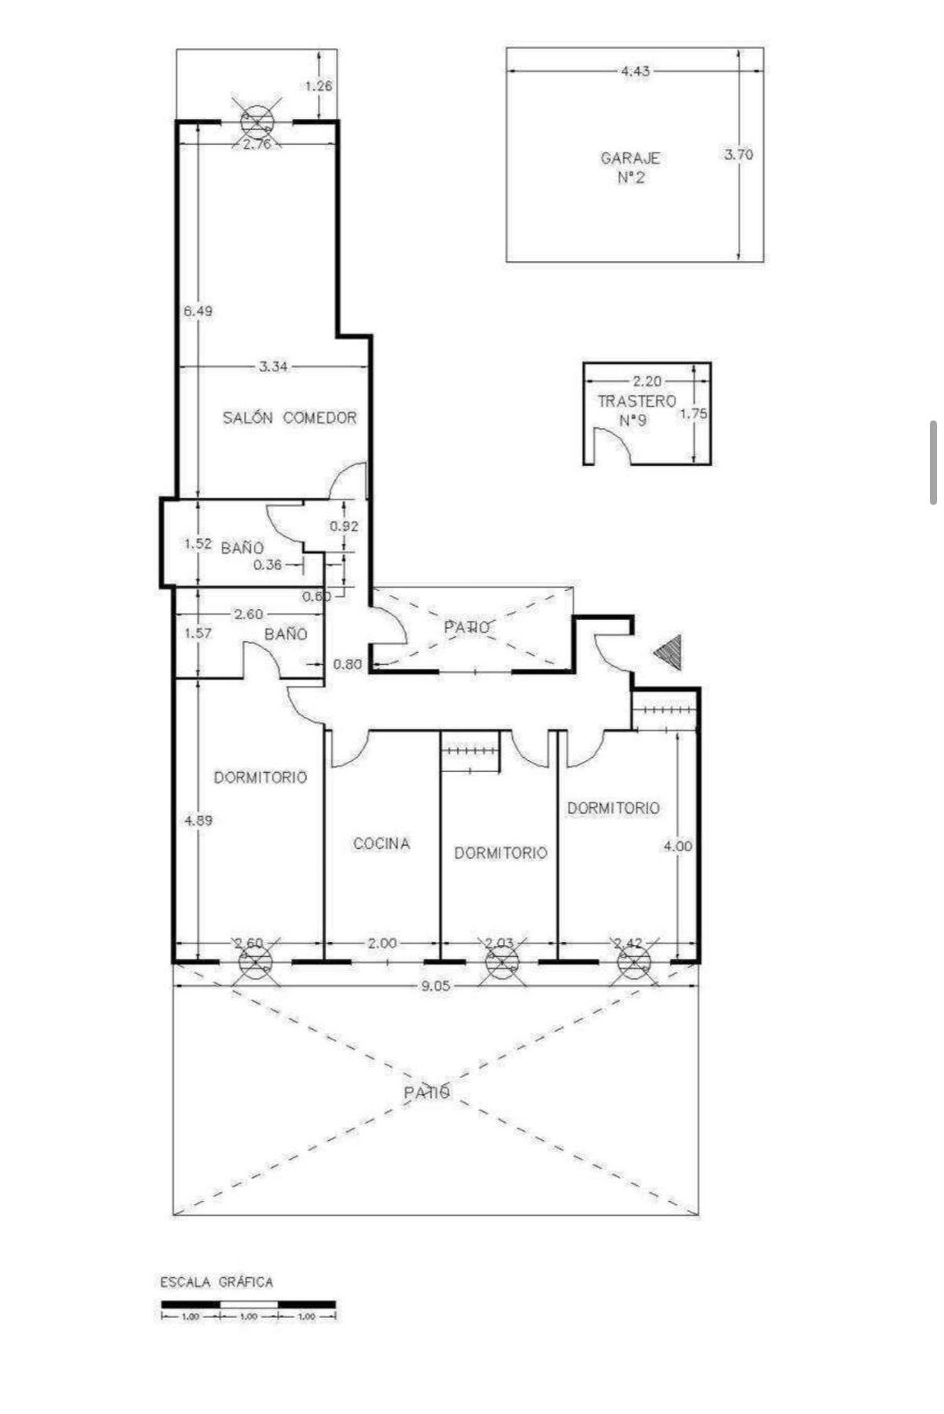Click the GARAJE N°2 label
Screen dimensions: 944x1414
(x=630, y=168)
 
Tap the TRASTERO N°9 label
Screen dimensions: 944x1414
(x=636, y=410)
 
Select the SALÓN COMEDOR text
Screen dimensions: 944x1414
(x=289, y=418)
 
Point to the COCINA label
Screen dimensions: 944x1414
(x=382, y=844)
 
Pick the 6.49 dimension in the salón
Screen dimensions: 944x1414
(x=197, y=311)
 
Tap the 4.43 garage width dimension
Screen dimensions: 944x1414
(x=636, y=72)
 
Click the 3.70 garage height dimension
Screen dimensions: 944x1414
(x=738, y=154)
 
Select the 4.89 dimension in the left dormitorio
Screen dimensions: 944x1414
(x=197, y=820)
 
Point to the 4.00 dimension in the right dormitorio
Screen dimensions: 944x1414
(x=677, y=846)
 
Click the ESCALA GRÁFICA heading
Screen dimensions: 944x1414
(x=217, y=1282)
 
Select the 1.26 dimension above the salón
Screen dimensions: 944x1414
(x=319, y=87)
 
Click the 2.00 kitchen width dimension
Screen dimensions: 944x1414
(x=383, y=943)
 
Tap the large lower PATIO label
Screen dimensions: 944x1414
(x=427, y=1093)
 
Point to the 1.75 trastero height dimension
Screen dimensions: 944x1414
(x=695, y=414)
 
